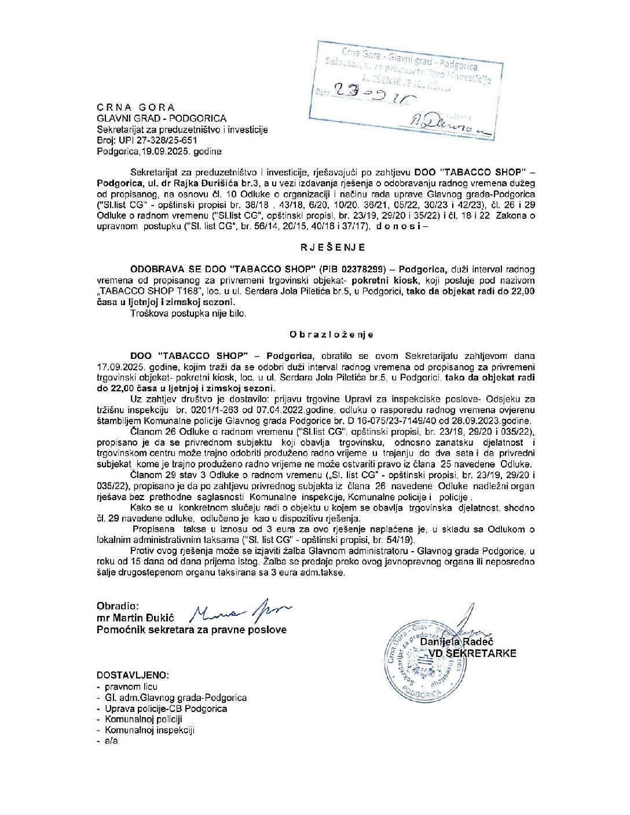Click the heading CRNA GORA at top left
click(x=135, y=107)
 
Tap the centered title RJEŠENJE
click(x=332, y=247)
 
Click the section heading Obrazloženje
click(x=331, y=335)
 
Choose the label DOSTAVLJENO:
click(x=133, y=675)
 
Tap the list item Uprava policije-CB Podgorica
click(x=166, y=708)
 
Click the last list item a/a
click(x=111, y=740)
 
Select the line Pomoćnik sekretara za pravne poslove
click(x=191, y=630)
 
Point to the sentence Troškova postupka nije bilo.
click(x=188, y=313)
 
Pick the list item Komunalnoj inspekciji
click(x=149, y=730)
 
